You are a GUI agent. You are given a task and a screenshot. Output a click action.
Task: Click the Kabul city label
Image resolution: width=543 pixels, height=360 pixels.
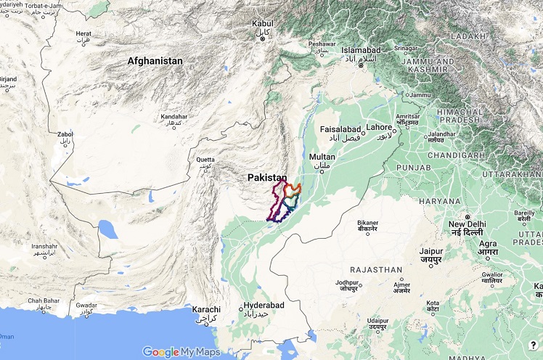click(262, 24)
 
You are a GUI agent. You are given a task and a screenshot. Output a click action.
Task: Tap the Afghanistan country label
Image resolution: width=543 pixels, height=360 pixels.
click(155, 61)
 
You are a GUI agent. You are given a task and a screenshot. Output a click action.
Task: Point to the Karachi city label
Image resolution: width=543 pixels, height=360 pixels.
click(206, 310)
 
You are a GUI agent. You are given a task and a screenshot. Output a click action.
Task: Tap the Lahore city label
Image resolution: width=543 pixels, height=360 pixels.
click(378, 127)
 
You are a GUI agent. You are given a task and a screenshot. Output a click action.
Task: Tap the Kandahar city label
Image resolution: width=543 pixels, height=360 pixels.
click(173, 116)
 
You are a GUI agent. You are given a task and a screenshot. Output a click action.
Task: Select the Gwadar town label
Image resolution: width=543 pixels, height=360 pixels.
click(86, 306)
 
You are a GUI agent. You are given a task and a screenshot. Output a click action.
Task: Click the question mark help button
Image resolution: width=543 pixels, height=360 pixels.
click(533, 346)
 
